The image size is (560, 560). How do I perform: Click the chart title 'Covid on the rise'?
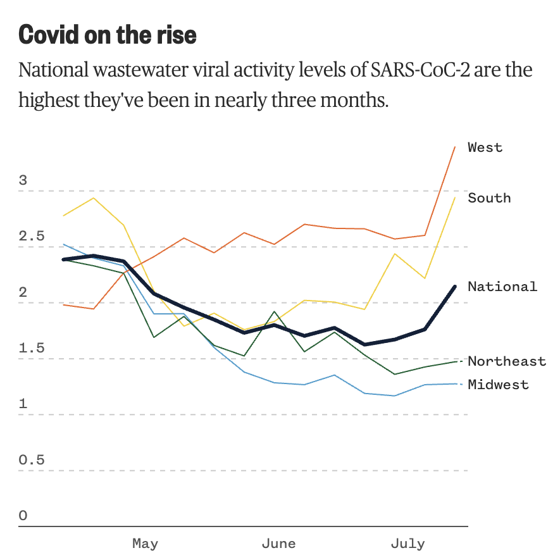pyautogui.click(x=108, y=35)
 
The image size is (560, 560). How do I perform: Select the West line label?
pyautogui.click(x=485, y=147)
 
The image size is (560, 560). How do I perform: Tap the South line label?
pyautogui.click(x=489, y=198)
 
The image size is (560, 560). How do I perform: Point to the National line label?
pyautogui.click(x=502, y=287)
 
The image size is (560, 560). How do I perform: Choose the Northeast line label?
pyautogui.click(x=507, y=361)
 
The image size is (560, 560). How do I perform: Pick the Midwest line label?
pyautogui.click(x=498, y=384)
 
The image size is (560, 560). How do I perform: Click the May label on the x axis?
pyautogui.click(x=145, y=543)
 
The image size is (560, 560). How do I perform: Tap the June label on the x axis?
pyautogui.click(x=278, y=543)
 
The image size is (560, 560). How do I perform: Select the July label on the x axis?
pyautogui.click(x=408, y=543)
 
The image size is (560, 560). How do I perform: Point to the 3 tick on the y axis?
pyautogui.click(x=23, y=180)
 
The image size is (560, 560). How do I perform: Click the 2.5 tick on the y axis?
pyautogui.click(x=32, y=237)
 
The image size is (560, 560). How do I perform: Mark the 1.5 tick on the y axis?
pyautogui.click(x=32, y=349)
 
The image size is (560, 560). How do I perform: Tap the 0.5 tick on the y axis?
pyautogui.click(x=32, y=460)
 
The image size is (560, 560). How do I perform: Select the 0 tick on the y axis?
pyautogui.click(x=23, y=516)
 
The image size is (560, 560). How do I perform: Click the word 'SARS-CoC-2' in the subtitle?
pyautogui.click(x=411, y=70)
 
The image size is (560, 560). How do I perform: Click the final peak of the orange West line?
pyautogui.click(x=455, y=147)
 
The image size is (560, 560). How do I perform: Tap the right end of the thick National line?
pyautogui.click(x=455, y=287)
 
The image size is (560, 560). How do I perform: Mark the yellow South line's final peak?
pyautogui.click(x=455, y=198)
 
